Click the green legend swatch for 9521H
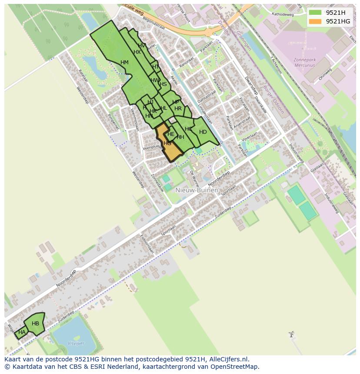click(316, 13)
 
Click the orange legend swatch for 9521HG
click(316, 21)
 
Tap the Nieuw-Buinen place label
click(197, 190)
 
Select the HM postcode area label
click(124, 63)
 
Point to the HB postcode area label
click(35, 324)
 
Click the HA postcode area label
click(22, 332)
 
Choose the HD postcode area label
click(203, 132)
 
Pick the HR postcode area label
click(178, 109)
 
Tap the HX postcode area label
click(137, 52)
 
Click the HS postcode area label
click(163, 84)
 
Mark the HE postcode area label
click(171, 134)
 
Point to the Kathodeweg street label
click(283, 14)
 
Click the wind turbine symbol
click(291, 334)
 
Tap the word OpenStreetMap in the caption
click(235, 367)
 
